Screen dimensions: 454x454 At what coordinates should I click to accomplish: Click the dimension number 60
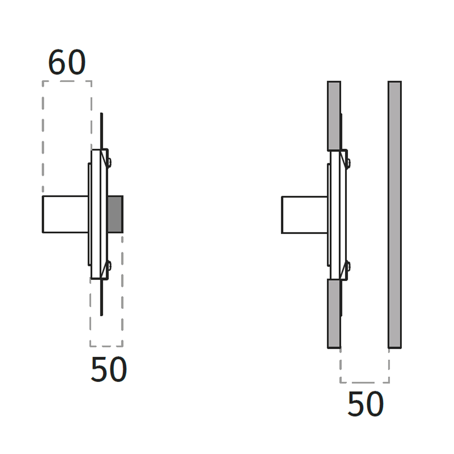pos(67,62)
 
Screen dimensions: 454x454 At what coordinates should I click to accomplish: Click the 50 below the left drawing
pos(109,369)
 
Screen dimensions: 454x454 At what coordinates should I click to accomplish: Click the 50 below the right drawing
pos(365,404)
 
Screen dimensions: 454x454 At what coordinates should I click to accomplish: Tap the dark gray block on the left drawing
pos(115,214)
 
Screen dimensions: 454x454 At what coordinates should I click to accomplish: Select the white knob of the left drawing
pos(65,214)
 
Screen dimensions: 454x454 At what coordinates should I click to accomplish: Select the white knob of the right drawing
pos(305,215)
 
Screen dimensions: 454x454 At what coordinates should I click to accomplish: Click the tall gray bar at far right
pos(395,215)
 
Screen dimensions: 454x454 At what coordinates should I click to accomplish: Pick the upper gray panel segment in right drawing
pos(334,116)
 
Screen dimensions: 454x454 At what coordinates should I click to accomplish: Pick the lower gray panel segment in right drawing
pos(334,314)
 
